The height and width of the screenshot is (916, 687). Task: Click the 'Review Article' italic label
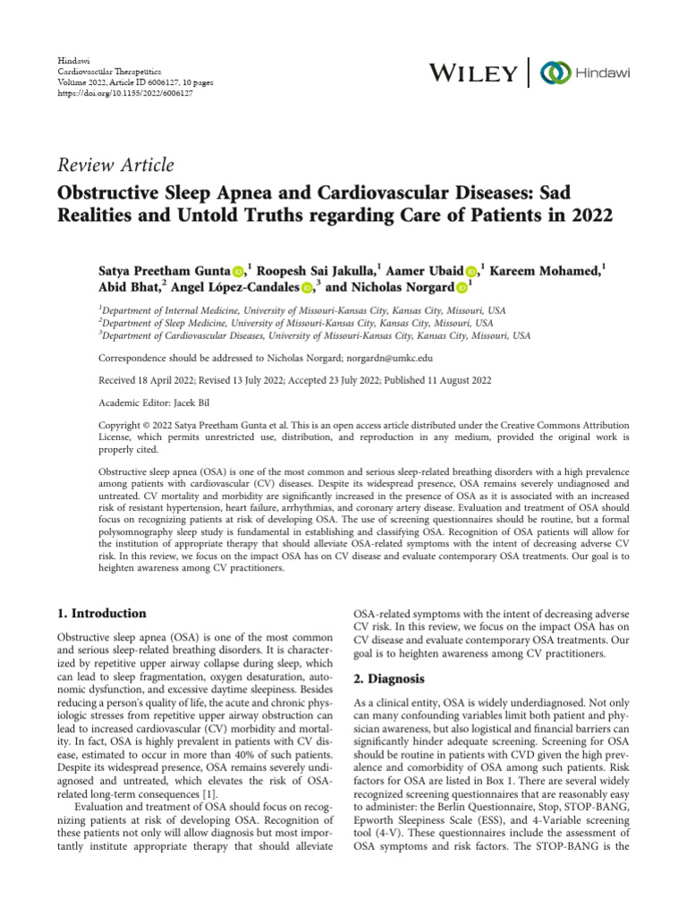click(x=115, y=165)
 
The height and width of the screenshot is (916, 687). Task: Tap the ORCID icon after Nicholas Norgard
click(x=462, y=288)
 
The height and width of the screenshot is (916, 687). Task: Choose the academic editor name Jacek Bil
click(x=190, y=402)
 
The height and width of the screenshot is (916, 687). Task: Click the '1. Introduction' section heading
click(x=101, y=614)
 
